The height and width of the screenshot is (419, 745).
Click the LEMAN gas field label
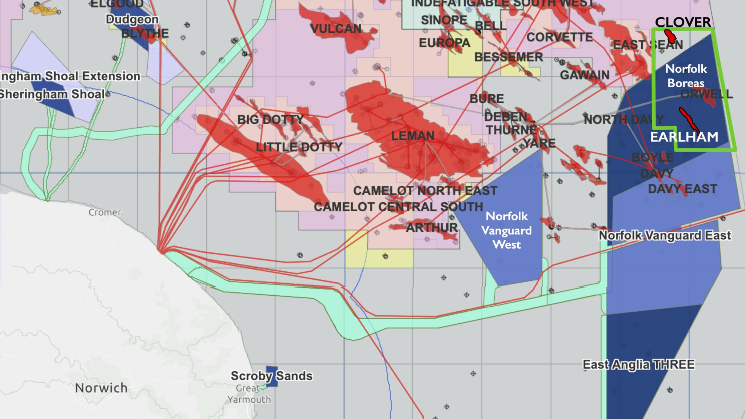point(413,136)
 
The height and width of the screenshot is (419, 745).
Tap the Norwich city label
point(101,388)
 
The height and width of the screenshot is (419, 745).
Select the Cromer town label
point(105,212)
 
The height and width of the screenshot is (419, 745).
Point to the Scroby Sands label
point(271,376)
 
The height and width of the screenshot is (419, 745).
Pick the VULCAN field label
point(336,29)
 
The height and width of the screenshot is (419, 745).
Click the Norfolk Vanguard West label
point(507,230)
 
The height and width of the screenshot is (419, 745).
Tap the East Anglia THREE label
point(639,364)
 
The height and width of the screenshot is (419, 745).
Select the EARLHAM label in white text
point(684,137)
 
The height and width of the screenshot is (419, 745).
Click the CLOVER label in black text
point(683,22)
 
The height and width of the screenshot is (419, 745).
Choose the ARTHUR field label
point(431,228)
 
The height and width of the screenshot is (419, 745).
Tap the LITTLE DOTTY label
point(299,147)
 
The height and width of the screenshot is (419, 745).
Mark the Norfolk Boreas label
point(686,76)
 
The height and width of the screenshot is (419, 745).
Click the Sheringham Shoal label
point(52,94)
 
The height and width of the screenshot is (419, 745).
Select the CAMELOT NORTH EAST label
point(425,191)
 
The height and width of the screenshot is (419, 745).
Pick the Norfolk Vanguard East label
point(665,235)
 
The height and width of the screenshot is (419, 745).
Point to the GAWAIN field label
point(585,75)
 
